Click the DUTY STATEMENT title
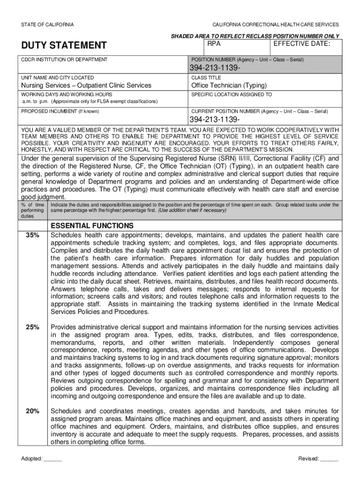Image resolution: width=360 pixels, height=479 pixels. [x=64, y=45]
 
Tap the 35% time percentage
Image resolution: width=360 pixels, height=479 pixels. [x=33, y=235]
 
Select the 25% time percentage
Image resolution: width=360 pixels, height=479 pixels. [x=33, y=327]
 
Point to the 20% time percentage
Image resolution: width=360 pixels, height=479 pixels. [x=33, y=411]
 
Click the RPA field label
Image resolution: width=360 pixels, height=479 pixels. [x=214, y=44]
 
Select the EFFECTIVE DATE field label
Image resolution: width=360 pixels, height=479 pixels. [x=302, y=44]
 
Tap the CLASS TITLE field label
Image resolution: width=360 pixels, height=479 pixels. [x=207, y=77]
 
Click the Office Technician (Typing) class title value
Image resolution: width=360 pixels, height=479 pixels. [x=229, y=85]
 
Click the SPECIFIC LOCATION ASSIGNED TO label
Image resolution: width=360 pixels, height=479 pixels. [x=231, y=94]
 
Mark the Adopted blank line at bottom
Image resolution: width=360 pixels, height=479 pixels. [x=52, y=459]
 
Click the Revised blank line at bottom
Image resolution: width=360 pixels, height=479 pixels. [x=329, y=459]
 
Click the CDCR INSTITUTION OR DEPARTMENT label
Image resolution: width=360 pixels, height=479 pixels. [x=64, y=59]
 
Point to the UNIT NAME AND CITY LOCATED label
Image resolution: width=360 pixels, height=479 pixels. [x=58, y=77]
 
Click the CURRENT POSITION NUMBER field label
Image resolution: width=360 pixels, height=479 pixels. [x=259, y=111]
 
